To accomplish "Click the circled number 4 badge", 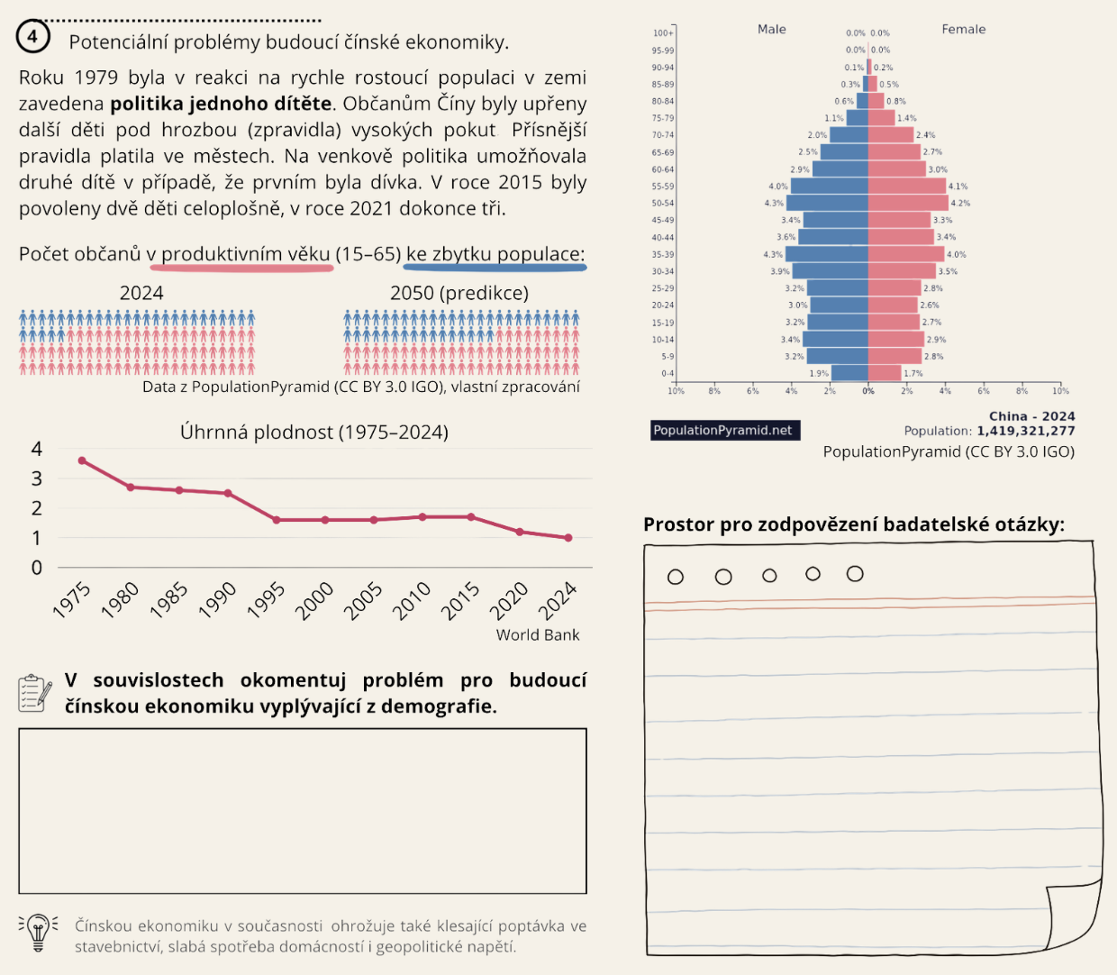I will (32, 37).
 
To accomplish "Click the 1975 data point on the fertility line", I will (82, 460).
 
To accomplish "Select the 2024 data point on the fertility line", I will (568, 538).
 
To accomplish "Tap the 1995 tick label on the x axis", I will (266, 600).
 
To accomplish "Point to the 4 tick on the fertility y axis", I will (37, 449).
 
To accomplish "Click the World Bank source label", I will (538, 635).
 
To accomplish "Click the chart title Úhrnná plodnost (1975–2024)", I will (313, 433).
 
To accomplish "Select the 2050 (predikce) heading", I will (459, 293).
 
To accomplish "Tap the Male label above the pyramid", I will (772, 29).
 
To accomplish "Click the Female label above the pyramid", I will (964, 29).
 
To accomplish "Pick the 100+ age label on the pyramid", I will (663, 33).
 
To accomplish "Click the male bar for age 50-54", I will (827, 203).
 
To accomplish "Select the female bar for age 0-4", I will (885, 373).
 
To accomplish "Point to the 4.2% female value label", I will (961, 204).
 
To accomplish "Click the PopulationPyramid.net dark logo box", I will (723, 431).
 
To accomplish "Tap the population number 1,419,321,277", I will (1026, 431).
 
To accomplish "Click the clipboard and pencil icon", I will (35, 693).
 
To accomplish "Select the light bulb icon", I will (38, 933).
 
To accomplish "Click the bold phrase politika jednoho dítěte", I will (221, 104).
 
